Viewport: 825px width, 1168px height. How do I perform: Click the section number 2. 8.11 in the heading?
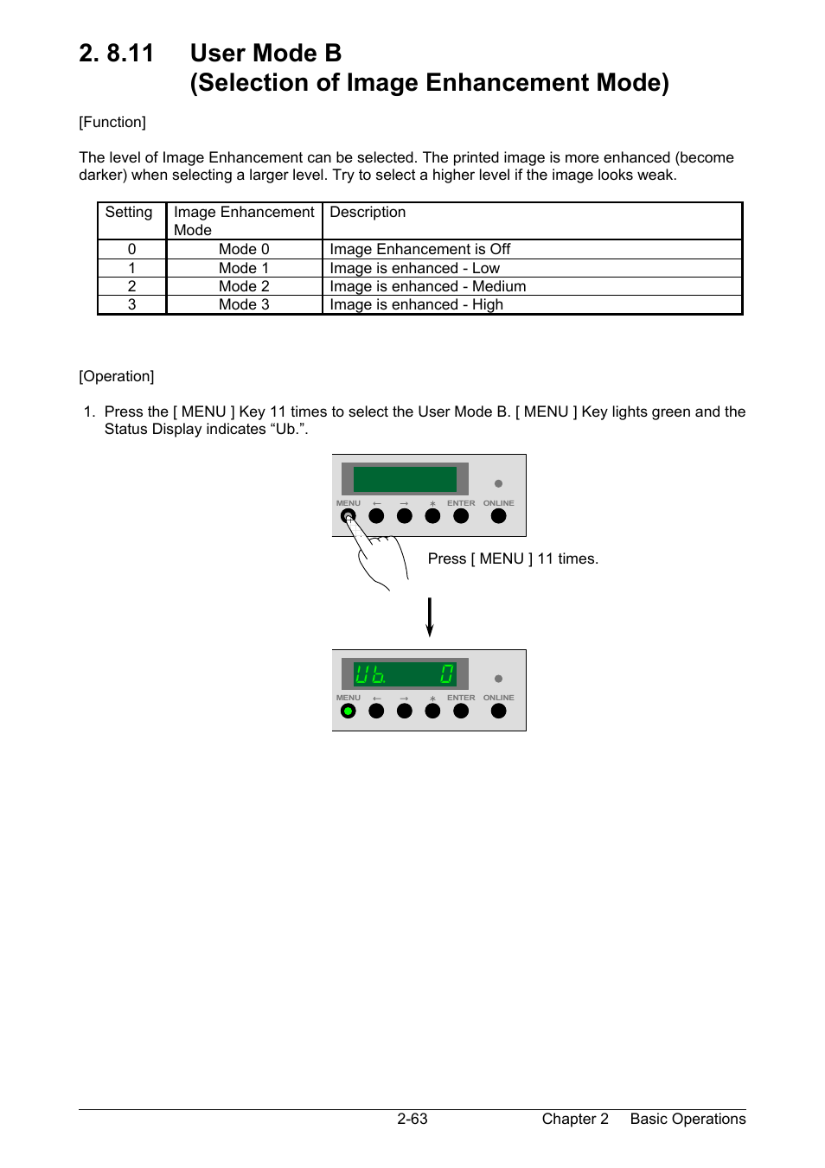point(116,54)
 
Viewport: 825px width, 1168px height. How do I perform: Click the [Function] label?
point(112,122)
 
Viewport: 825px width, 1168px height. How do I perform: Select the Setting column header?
point(129,213)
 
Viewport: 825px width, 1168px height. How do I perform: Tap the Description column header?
point(368,213)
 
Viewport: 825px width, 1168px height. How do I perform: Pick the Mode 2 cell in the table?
point(244,286)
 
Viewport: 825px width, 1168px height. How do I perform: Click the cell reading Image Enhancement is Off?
point(419,249)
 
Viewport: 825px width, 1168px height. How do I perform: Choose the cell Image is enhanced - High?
point(416,304)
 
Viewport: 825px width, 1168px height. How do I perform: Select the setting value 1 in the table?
point(131,268)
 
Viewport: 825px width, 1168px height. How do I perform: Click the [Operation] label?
point(117,376)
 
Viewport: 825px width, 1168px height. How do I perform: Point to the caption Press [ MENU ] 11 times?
point(513,558)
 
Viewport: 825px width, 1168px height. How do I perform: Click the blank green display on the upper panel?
point(405,479)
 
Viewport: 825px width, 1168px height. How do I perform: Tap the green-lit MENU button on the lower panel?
point(349,712)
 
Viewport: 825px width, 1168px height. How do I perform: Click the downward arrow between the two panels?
point(430,617)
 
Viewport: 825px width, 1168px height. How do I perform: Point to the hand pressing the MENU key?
point(381,558)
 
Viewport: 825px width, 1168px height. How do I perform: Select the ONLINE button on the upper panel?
point(498,516)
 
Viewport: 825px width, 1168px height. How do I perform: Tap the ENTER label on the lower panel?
point(461,698)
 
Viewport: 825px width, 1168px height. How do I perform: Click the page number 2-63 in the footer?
point(412,1119)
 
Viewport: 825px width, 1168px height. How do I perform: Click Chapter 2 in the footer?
point(575,1119)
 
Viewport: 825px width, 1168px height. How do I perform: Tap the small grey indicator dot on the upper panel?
point(498,484)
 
